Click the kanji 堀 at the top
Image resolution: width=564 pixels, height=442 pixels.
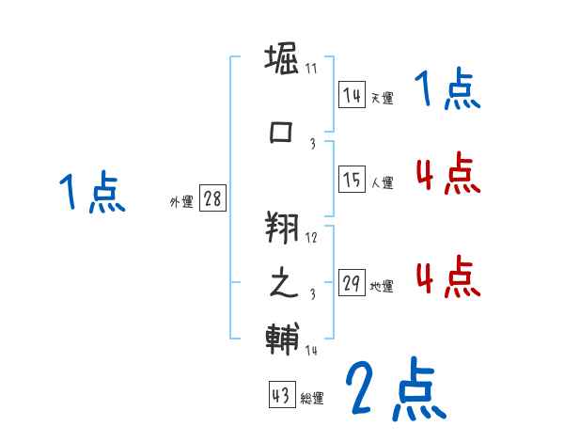[281, 62]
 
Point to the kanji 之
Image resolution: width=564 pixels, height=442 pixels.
[281, 283]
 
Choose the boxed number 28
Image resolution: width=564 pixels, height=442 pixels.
[213, 199]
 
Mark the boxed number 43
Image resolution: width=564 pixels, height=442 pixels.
[281, 396]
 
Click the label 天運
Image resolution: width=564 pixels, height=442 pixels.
[382, 98]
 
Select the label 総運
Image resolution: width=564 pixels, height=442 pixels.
[312, 399]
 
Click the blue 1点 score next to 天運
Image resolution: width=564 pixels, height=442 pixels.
[447, 92]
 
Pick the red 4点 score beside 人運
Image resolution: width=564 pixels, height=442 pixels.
[447, 173]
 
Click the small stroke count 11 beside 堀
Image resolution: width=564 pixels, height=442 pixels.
[311, 70]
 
